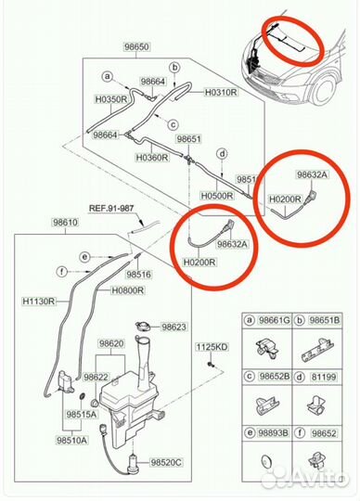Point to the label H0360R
coord(150,158)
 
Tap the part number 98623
coord(174,328)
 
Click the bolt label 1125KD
coord(211,346)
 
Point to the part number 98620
coord(112,343)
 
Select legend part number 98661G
coord(273,318)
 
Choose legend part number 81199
coord(324,377)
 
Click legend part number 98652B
coord(273,377)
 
